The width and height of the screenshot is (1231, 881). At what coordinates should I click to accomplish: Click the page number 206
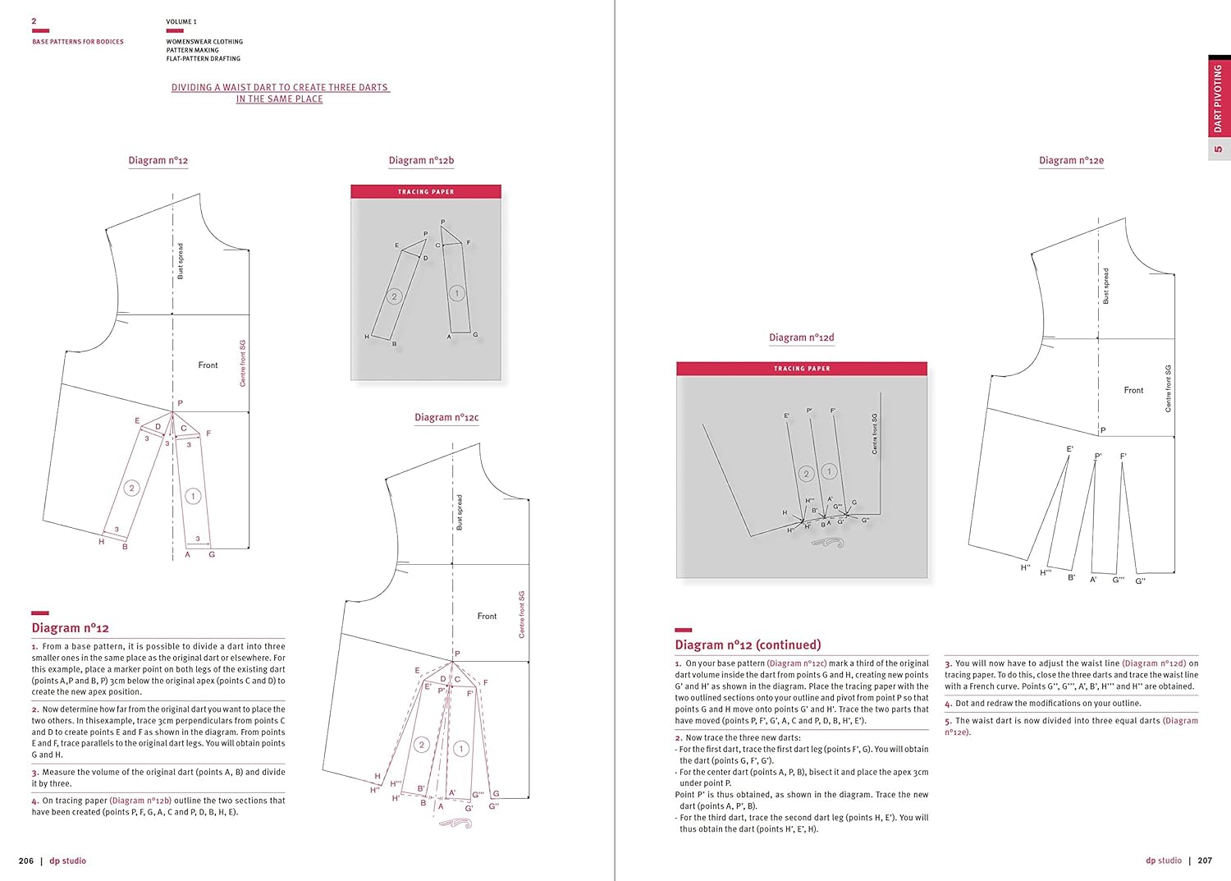(26, 860)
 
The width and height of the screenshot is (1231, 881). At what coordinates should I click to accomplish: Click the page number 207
(1205, 860)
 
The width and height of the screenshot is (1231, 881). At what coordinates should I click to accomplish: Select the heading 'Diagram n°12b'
(421, 161)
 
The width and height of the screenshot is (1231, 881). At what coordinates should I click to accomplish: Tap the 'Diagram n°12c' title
(446, 418)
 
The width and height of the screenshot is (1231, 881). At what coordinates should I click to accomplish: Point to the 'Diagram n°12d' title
(801, 337)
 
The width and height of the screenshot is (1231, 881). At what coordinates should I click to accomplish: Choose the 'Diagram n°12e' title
(1071, 161)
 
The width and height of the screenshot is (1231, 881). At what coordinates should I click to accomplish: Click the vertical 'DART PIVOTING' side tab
(1218, 99)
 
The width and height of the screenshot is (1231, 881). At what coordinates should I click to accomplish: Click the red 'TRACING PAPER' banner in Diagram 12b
(426, 192)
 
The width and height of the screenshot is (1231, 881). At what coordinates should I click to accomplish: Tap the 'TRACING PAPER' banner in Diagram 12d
(802, 369)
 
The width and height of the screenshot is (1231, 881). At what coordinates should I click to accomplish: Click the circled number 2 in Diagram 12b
(394, 296)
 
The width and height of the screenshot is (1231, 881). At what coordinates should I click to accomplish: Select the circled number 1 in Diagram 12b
(457, 293)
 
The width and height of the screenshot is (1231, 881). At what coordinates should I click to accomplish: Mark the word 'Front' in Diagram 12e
(1133, 391)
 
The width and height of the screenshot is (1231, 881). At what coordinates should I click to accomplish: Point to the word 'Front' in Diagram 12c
(487, 617)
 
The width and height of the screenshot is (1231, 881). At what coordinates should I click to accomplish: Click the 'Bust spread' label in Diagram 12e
(1106, 286)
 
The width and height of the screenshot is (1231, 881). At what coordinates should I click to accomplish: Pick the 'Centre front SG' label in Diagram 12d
(875, 434)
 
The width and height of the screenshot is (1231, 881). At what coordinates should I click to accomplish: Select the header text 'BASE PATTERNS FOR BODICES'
(78, 42)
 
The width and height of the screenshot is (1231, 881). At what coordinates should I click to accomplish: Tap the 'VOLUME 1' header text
(181, 22)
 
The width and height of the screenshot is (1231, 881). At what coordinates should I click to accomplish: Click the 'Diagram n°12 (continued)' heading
(748, 645)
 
